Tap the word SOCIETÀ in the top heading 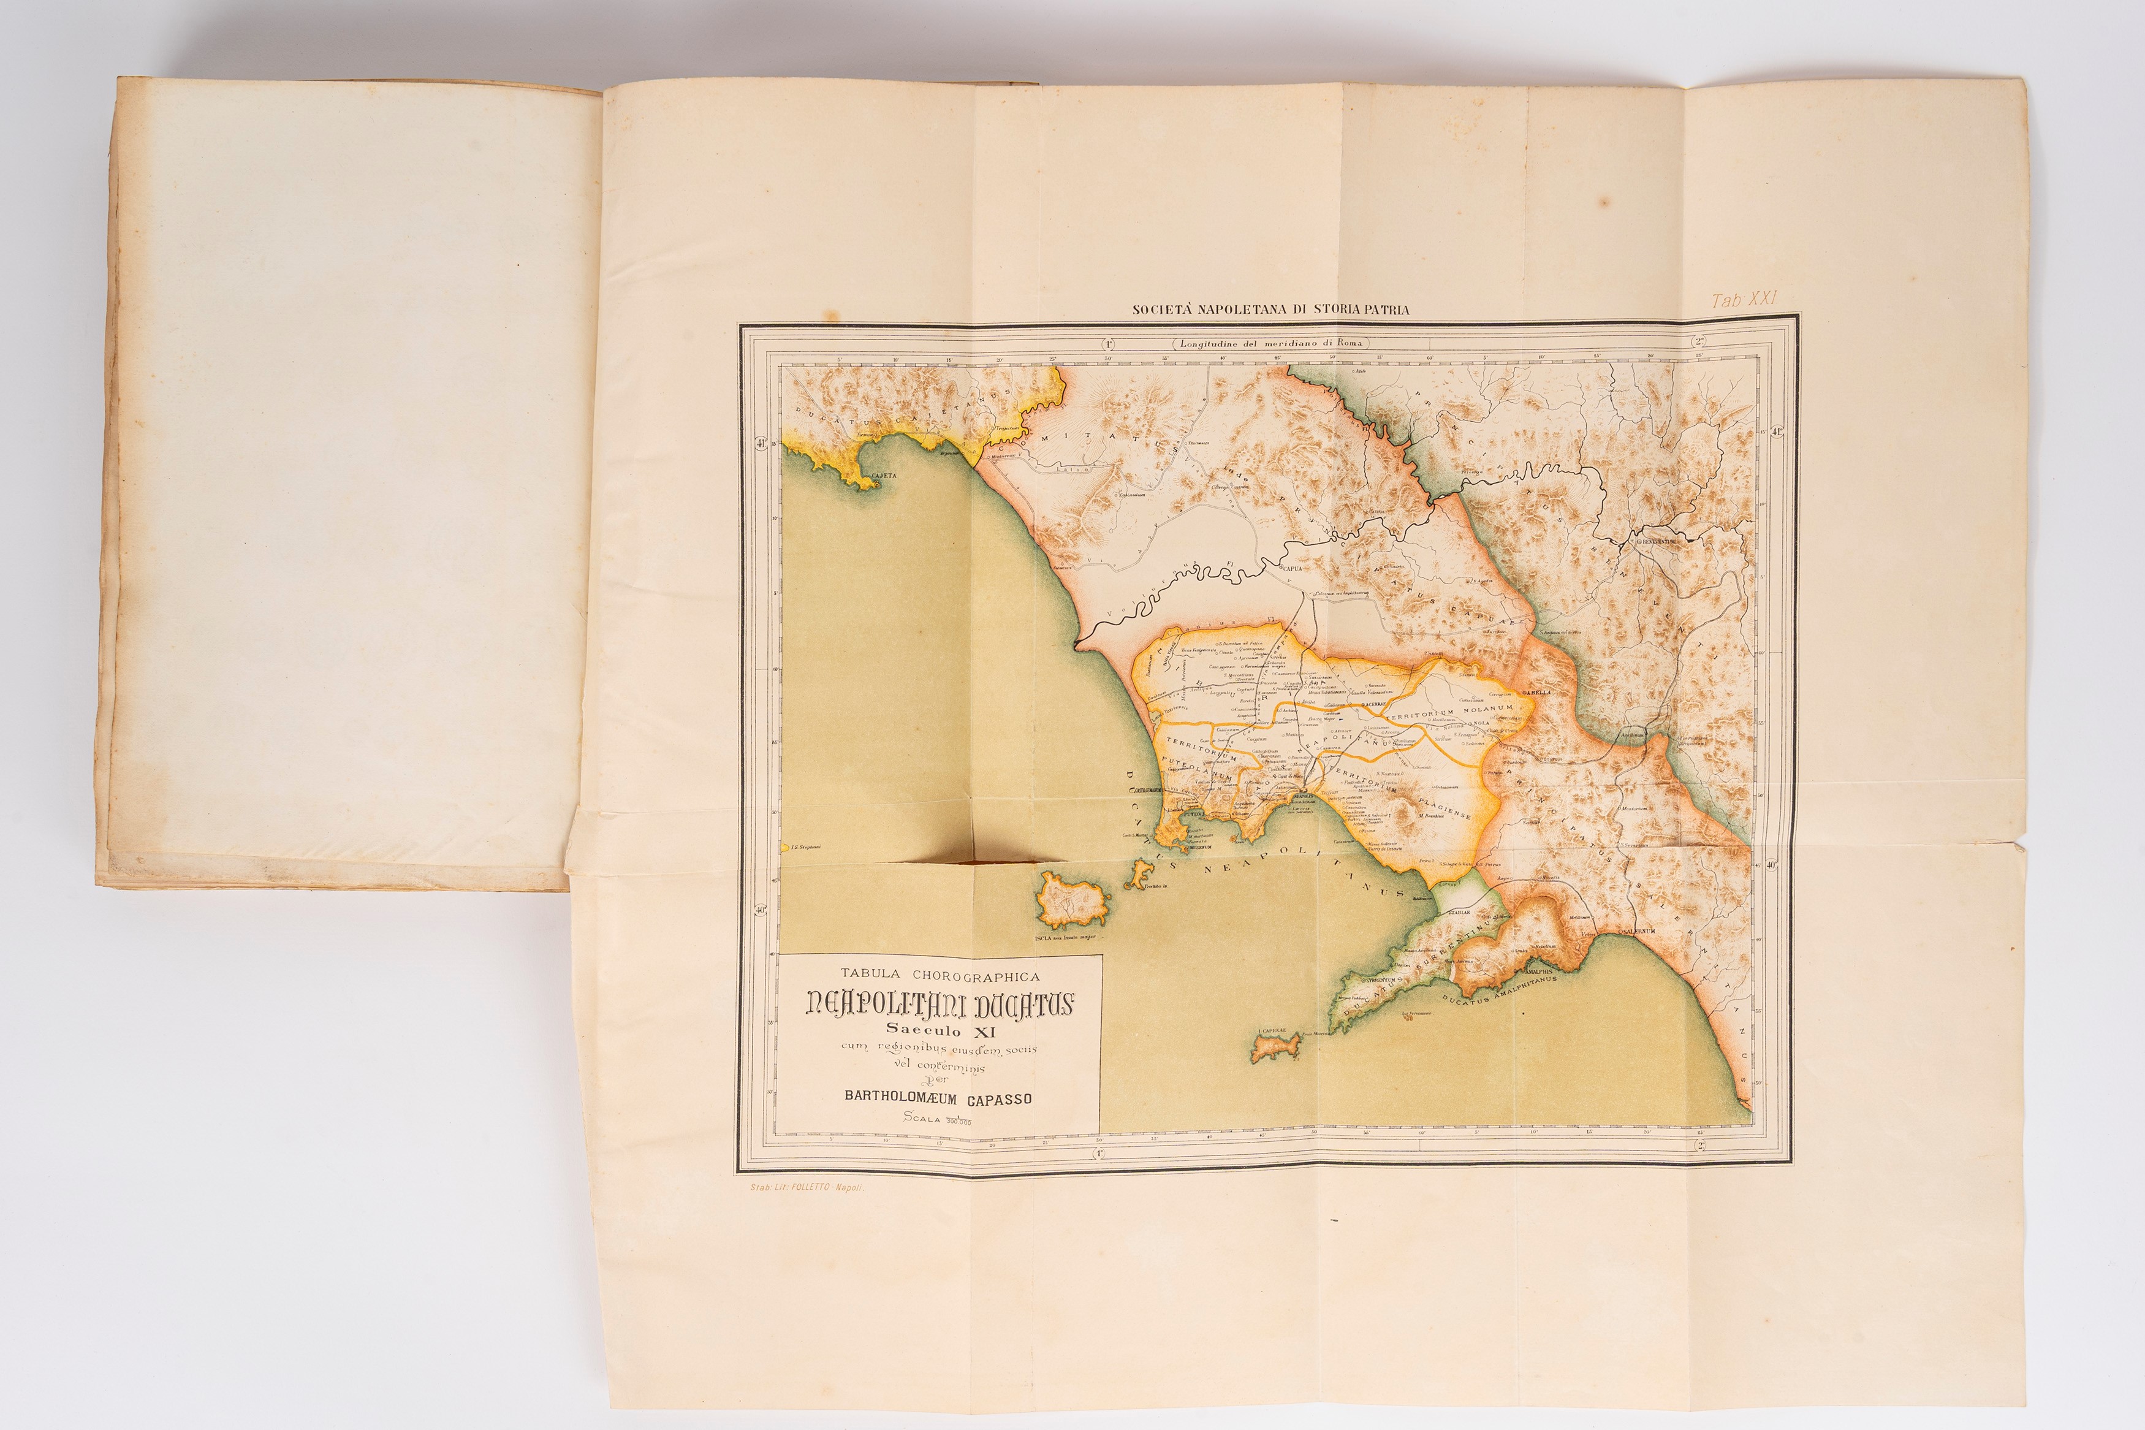pos(1161,309)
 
